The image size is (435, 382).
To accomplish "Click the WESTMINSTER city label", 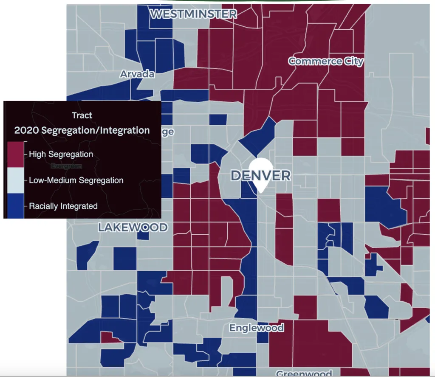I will [x=193, y=14].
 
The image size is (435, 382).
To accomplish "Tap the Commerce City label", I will [x=326, y=61].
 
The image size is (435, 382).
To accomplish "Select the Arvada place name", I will [x=137, y=74].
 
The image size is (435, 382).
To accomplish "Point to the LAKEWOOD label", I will [x=133, y=228].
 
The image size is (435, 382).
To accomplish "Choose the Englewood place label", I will [x=257, y=328].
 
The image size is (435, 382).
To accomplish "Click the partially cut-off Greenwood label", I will [x=304, y=374].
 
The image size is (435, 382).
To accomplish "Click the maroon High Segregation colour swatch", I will [x=16, y=154].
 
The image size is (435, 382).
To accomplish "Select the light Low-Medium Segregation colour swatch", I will [x=16, y=180].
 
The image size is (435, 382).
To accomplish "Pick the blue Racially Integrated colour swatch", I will [x=16, y=206].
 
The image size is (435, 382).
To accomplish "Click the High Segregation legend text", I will [x=61, y=154].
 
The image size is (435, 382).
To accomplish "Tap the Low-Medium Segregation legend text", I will [x=76, y=180].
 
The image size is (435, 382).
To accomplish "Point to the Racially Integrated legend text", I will [x=63, y=206].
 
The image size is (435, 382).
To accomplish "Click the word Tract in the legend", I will [x=82, y=115].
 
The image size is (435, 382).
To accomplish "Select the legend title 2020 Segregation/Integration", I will [x=82, y=130].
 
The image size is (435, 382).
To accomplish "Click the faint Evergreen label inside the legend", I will [x=66, y=166].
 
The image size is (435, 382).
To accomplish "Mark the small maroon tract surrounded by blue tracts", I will [x=110, y=337].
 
